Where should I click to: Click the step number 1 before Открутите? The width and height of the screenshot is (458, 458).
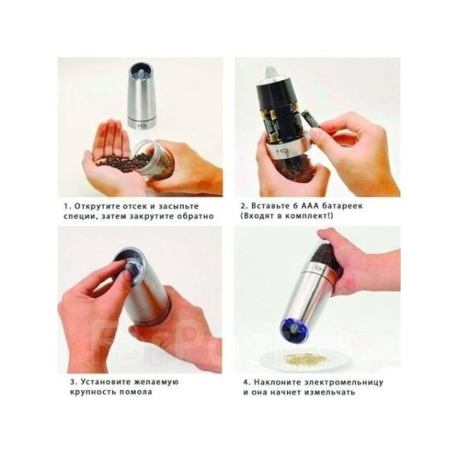(66, 206)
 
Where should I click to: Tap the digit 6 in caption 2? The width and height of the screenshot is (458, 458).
(295, 205)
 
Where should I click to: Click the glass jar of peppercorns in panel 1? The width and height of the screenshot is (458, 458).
(156, 160)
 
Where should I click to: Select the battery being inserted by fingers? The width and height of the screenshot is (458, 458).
(310, 120)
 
